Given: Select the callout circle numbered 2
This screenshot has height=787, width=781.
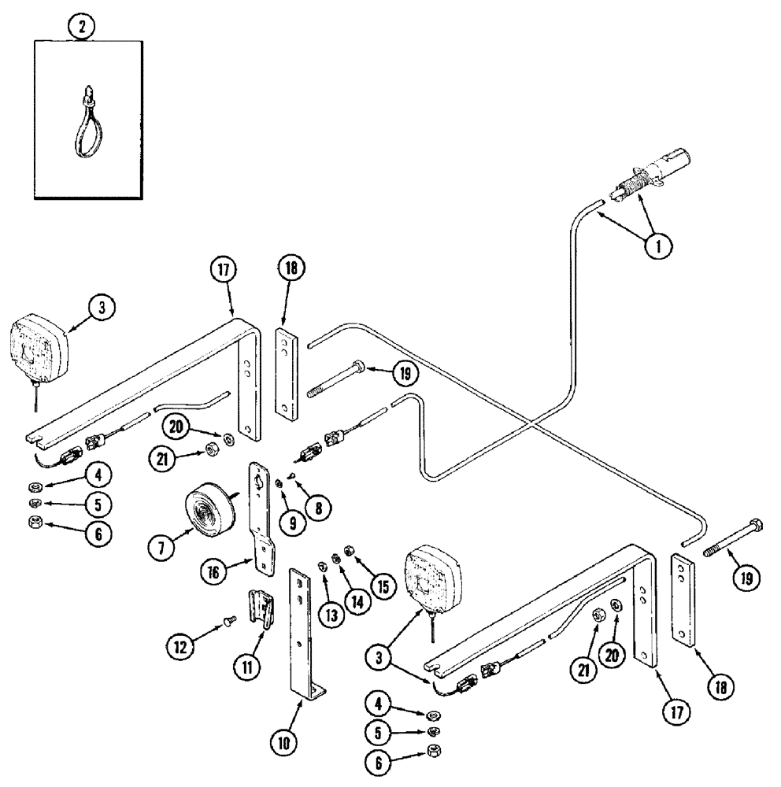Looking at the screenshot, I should pyautogui.click(x=81, y=27).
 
